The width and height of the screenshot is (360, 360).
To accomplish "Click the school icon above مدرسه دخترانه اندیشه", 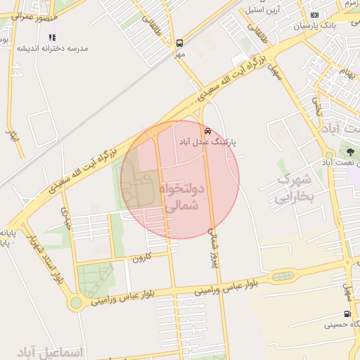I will point(53,37).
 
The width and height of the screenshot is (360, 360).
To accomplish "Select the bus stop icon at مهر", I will point(180,43).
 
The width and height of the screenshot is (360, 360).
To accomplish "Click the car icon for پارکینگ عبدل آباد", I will point(207,131).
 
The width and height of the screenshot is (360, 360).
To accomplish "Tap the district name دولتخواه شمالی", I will point(181,198).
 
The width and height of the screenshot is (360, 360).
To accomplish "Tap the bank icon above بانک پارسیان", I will point(314,15).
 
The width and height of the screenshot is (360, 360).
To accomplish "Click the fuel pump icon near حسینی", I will point(347,314).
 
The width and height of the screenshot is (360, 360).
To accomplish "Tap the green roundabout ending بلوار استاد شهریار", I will point(75,303).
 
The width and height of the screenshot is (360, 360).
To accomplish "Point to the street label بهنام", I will point(344,72).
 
